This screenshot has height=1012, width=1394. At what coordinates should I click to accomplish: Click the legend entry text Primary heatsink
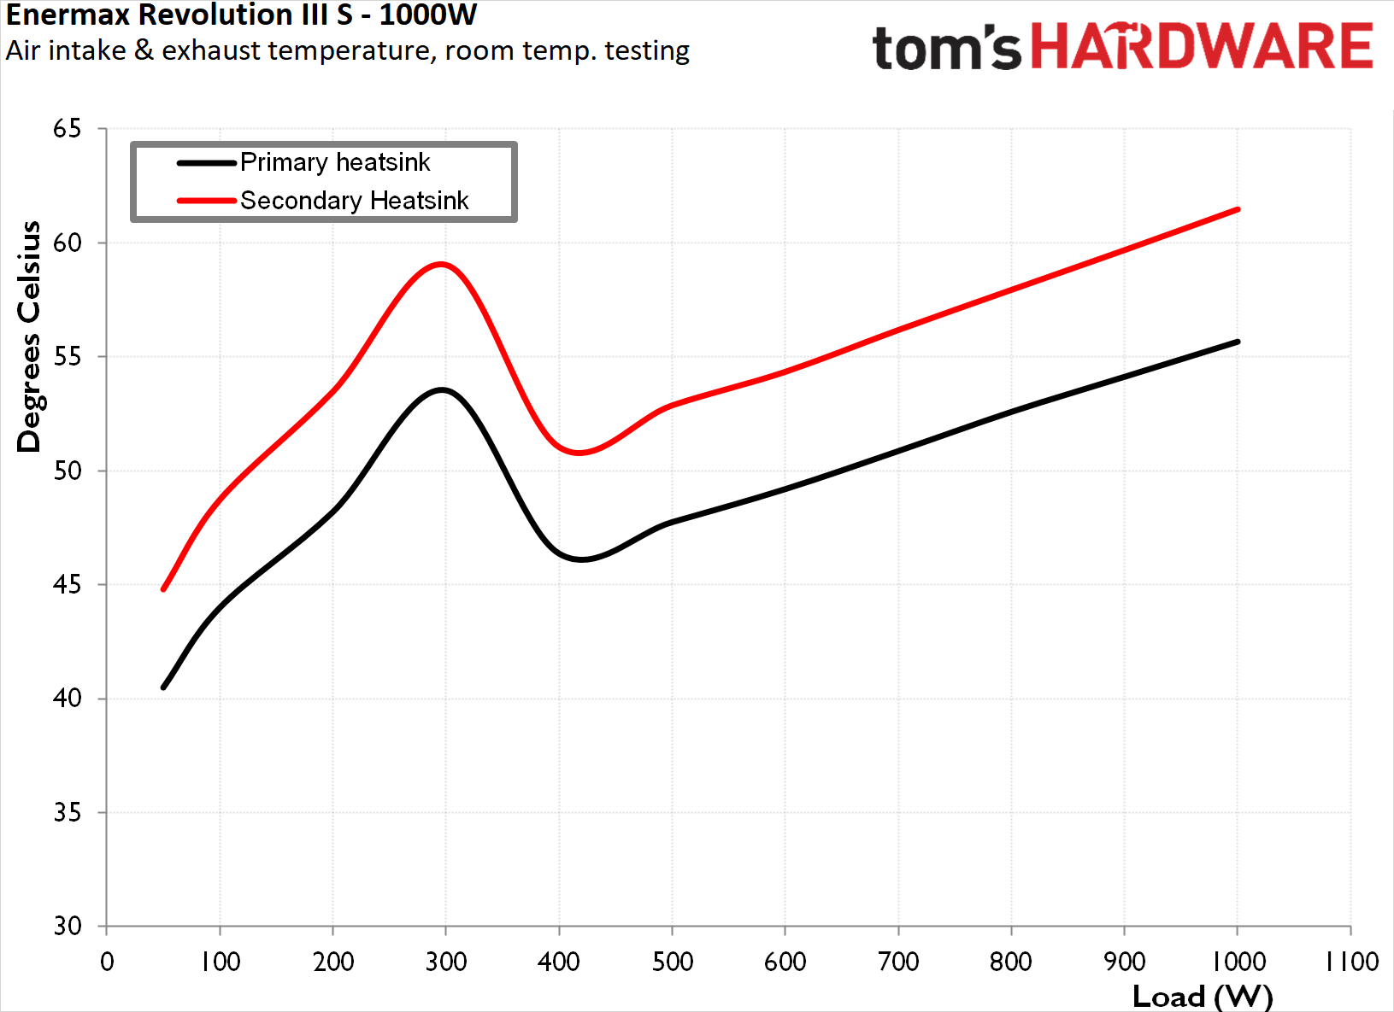(335, 162)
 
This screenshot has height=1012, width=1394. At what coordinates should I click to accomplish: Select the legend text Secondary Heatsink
(354, 201)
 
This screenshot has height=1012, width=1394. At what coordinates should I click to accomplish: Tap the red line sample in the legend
(206, 201)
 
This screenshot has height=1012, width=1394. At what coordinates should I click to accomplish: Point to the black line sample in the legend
(206, 162)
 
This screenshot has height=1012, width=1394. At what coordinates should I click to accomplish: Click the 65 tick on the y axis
(67, 129)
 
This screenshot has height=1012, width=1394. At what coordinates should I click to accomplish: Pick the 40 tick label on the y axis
(67, 699)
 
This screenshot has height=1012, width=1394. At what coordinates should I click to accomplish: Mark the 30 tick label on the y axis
(67, 926)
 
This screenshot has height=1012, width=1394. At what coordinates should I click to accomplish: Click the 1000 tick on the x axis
(1238, 962)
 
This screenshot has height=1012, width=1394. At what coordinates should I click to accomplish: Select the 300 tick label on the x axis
(446, 962)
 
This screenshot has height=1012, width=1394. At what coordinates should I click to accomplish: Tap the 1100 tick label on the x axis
(1351, 962)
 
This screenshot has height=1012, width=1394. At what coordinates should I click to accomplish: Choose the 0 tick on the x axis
(107, 962)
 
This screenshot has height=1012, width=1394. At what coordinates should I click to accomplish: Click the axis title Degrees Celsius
(29, 336)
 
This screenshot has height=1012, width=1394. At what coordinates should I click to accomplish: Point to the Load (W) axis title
(1202, 996)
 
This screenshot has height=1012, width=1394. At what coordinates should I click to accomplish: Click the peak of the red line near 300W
(441, 265)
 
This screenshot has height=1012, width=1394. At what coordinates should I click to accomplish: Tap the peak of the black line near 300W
(442, 390)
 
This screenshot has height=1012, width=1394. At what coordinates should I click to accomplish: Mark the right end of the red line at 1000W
(1237, 209)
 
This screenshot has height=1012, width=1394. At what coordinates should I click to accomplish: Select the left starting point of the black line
(163, 687)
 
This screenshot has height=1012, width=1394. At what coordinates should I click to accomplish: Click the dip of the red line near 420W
(579, 453)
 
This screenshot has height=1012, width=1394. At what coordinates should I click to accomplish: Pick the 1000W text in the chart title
(427, 15)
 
